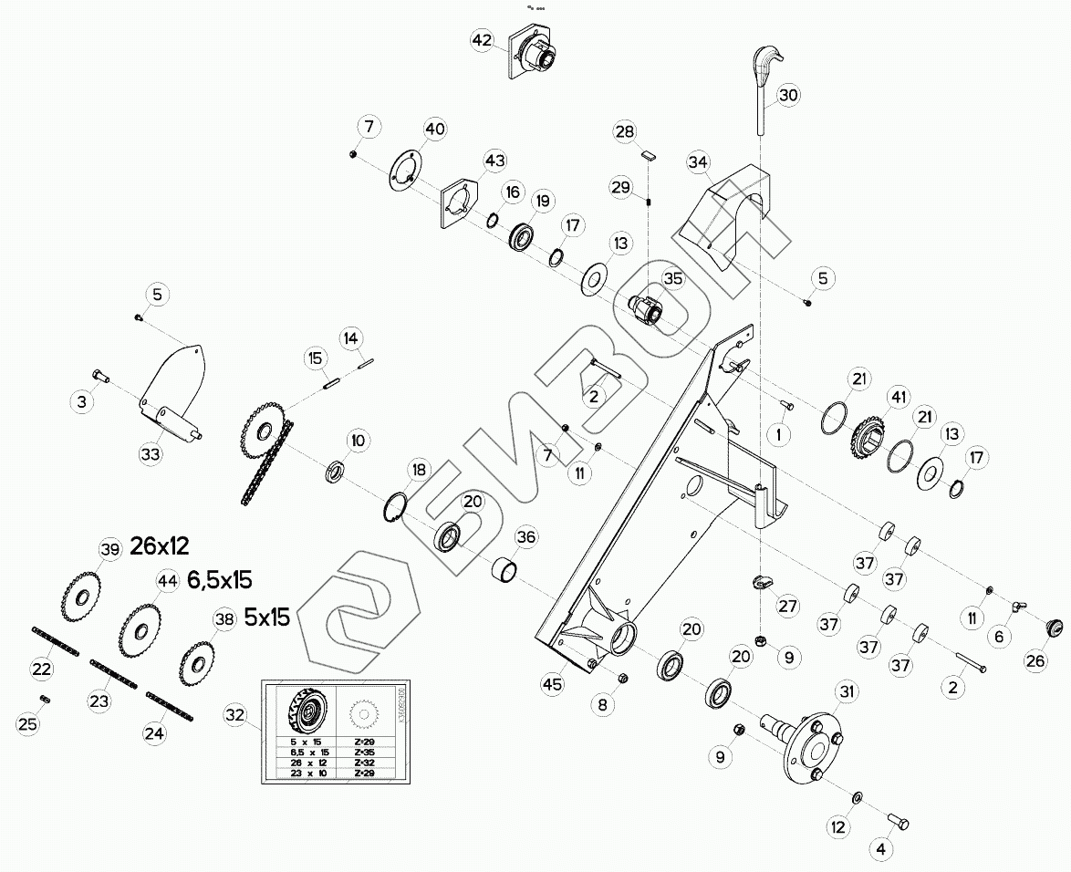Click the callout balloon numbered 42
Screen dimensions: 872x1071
point(482,40)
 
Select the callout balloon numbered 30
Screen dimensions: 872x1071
point(788,94)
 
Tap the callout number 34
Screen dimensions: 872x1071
point(698,162)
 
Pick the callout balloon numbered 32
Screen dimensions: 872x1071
point(235,715)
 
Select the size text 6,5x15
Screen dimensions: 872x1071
point(219,579)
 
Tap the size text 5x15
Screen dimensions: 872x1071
point(266,617)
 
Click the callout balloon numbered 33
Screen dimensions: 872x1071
point(151,453)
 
